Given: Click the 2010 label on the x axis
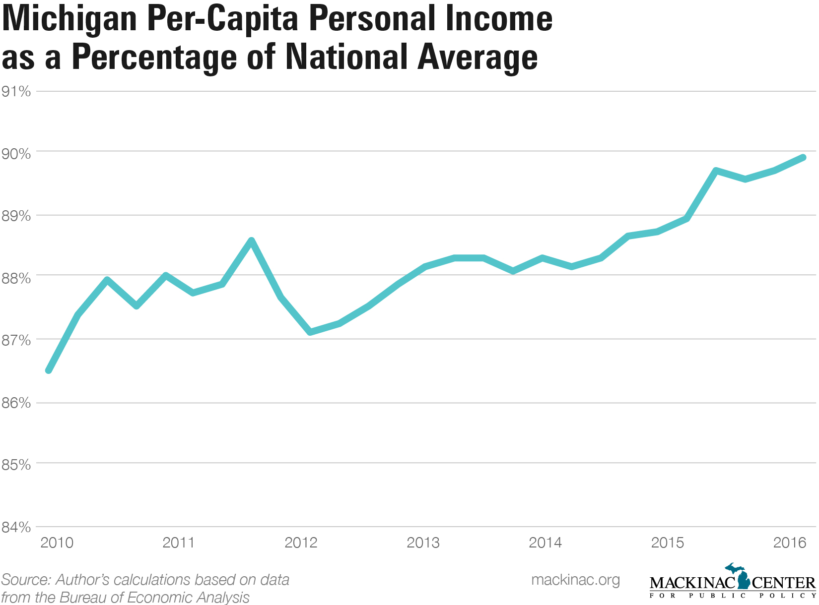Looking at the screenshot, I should [x=57, y=543].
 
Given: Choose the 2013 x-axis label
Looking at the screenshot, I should [x=423, y=543].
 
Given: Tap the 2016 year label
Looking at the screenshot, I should [x=790, y=543].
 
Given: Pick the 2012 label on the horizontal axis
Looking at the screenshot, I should [x=301, y=543].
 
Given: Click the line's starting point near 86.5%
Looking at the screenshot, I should [x=48, y=370].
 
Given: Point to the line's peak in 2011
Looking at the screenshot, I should [x=252, y=241].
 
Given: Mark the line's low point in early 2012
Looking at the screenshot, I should [x=310, y=332].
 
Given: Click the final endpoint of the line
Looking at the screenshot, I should [x=803, y=158].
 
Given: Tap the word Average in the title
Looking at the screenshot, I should [x=478, y=58].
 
